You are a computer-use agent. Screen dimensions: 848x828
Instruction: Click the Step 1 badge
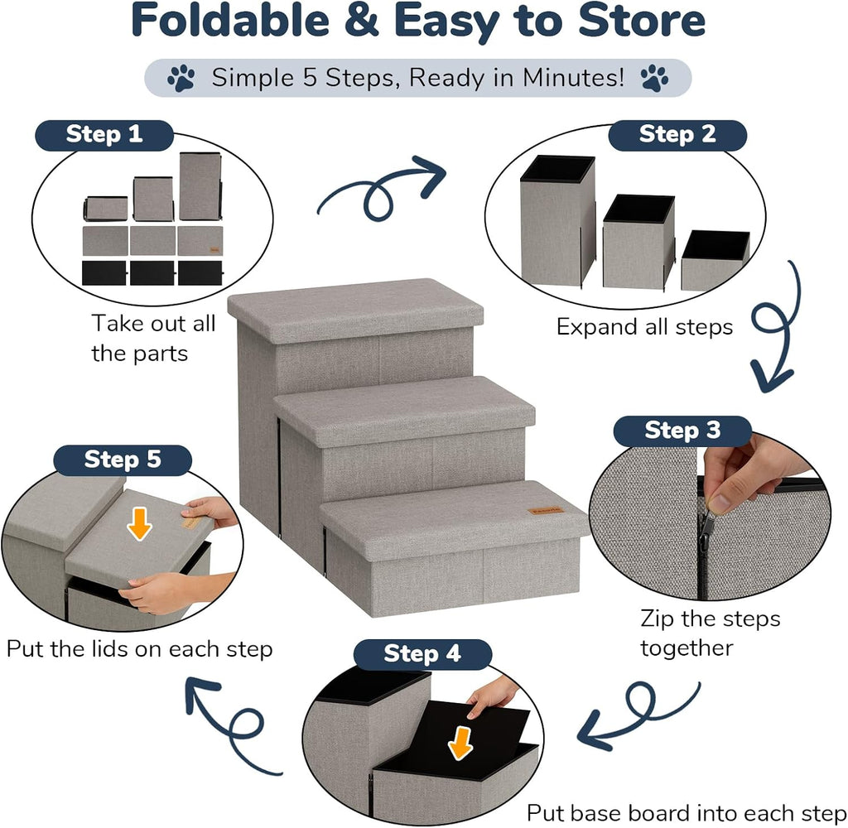pyautogui.click(x=104, y=135)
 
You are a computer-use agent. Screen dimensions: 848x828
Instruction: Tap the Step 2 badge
pyautogui.click(x=677, y=135)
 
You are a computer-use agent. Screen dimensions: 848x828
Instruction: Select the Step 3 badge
pyautogui.click(x=682, y=431)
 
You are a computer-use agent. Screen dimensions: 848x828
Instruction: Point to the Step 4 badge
pyautogui.click(x=422, y=654)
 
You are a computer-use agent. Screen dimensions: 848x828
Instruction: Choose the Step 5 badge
pyautogui.click(x=123, y=460)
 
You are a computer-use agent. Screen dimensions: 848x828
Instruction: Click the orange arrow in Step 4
pyautogui.click(x=460, y=743)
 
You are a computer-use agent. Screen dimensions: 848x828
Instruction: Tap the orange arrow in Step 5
pyautogui.click(x=139, y=524)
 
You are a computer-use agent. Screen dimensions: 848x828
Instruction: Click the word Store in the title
pyautogui.click(x=642, y=21)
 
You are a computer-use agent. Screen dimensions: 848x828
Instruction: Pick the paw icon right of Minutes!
pyautogui.click(x=654, y=79)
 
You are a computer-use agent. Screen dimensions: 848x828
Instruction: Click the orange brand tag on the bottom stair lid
pyautogui.click(x=547, y=511)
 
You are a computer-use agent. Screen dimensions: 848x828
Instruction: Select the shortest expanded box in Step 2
pyautogui.click(x=715, y=261)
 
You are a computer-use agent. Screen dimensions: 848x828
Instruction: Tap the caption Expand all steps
pyautogui.click(x=644, y=327)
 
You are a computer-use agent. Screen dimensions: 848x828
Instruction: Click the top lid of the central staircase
pyautogui.click(x=355, y=310)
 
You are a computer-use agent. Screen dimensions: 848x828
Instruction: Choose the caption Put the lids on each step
pyautogui.click(x=139, y=649)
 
